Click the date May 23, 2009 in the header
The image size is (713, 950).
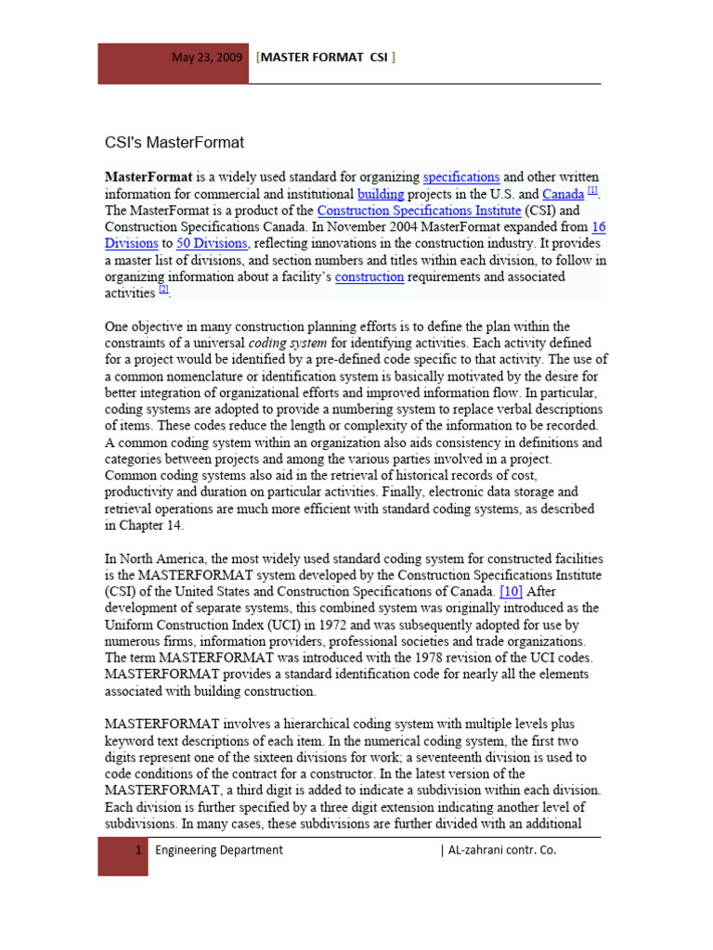click(207, 58)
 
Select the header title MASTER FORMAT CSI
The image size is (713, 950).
click(326, 58)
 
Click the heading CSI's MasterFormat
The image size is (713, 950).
click(174, 143)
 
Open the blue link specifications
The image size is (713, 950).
click(461, 176)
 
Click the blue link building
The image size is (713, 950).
click(381, 194)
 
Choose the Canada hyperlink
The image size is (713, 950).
click(563, 194)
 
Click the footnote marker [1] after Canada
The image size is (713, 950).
click(593, 191)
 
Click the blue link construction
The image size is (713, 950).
click(369, 276)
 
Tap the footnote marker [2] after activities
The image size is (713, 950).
click(164, 290)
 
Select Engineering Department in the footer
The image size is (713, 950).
click(219, 850)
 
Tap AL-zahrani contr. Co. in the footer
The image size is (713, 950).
click(499, 850)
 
